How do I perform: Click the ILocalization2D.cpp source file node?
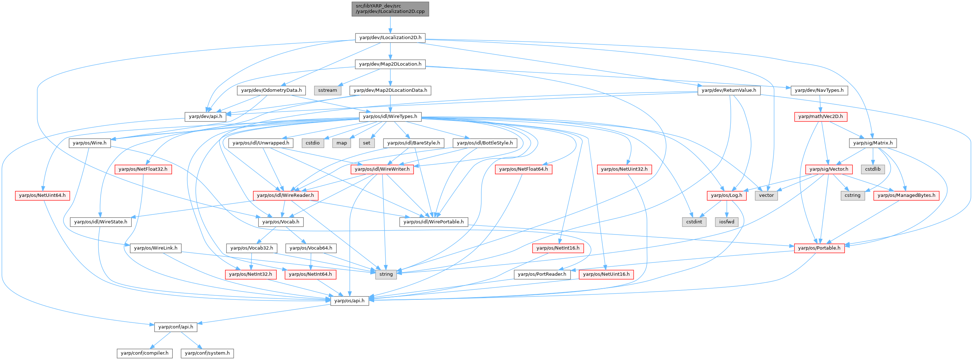(x=390, y=9)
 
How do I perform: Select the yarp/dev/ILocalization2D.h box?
(x=390, y=38)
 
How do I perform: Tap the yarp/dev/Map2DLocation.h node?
(x=390, y=64)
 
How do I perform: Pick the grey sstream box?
(x=328, y=90)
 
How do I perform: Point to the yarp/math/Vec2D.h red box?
(x=820, y=117)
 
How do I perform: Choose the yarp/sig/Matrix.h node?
(x=873, y=143)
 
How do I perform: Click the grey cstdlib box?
(x=873, y=169)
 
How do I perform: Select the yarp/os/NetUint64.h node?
(x=42, y=196)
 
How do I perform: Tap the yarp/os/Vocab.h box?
(x=281, y=222)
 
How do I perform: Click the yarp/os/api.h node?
(x=349, y=301)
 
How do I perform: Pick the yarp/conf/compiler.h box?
(x=145, y=353)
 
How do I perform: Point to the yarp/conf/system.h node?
(x=208, y=353)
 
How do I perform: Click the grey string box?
(x=386, y=274)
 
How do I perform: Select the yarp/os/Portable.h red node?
(x=819, y=248)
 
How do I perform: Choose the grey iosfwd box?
(x=727, y=222)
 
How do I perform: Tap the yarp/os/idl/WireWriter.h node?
(x=382, y=169)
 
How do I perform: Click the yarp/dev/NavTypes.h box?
(x=819, y=90)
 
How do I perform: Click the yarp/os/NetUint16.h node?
(x=606, y=274)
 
